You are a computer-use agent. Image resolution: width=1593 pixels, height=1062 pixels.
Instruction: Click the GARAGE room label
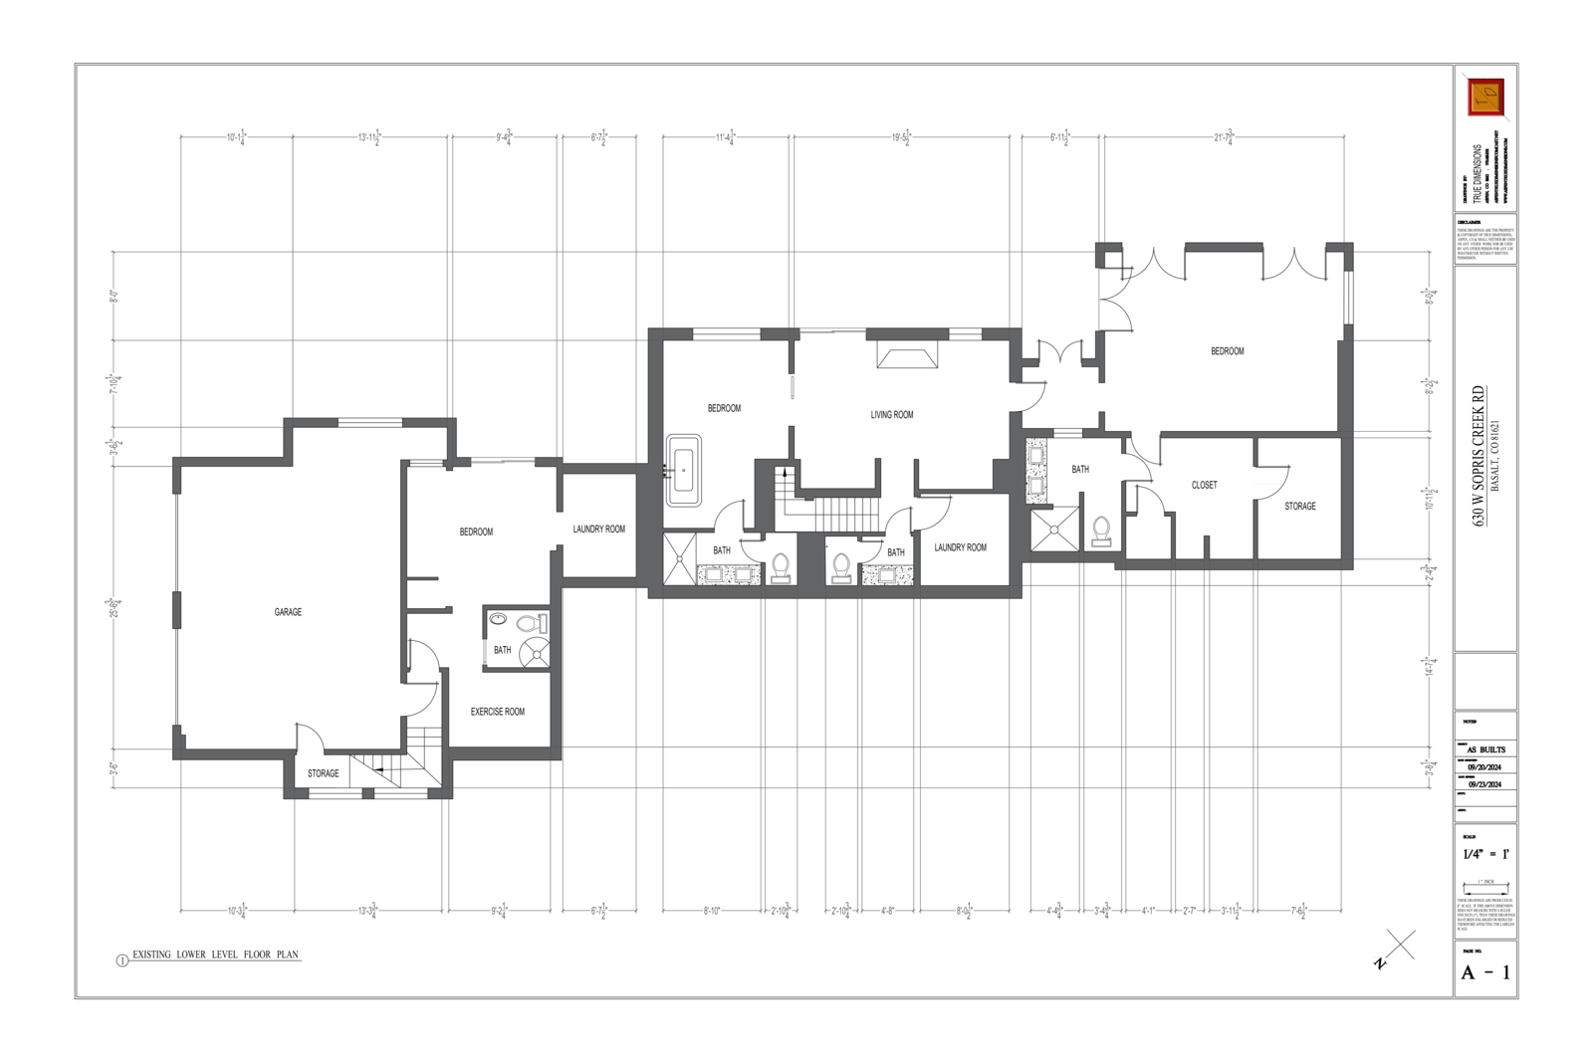point(288,612)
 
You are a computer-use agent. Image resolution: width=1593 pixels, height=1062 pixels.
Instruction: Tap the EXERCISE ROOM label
point(497,712)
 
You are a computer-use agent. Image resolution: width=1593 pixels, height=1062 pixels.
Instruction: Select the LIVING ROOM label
point(891,415)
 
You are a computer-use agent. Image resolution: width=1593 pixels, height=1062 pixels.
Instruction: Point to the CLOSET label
point(1204,485)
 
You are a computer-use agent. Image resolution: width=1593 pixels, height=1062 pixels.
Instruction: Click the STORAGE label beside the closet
point(1299,506)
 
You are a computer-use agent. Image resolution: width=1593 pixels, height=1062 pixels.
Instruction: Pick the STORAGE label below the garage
point(323,773)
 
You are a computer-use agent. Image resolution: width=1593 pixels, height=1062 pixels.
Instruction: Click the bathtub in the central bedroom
point(683,470)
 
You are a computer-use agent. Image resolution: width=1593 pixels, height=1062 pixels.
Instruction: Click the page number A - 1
point(1484,972)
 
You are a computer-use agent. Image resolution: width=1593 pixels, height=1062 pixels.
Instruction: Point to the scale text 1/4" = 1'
point(1485,854)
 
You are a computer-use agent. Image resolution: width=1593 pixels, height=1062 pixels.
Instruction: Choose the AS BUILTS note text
point(1485,749)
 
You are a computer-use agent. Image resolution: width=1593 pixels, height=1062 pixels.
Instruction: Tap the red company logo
point(1484,97)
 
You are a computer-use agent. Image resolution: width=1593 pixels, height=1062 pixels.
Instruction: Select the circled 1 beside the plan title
point(122,960)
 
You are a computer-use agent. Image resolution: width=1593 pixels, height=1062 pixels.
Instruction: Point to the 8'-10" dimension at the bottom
point(711,910)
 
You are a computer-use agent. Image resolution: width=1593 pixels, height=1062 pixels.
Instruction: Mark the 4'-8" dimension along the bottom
point(887,910)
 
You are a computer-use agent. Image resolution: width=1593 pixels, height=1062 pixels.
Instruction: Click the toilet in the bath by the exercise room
point(532,625)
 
